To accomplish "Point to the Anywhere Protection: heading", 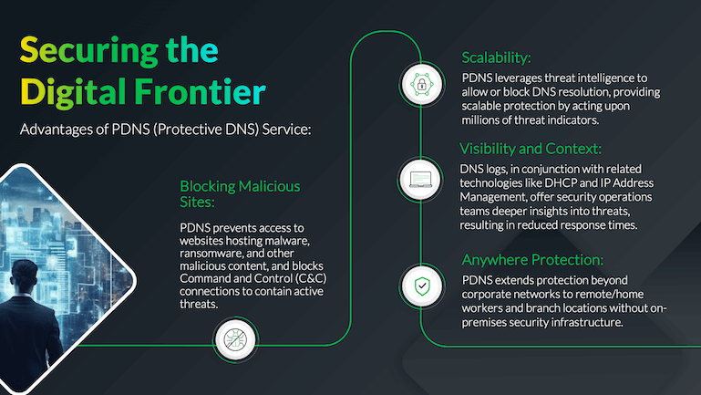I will [533, 259].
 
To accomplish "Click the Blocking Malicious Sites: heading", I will [240, 194].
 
